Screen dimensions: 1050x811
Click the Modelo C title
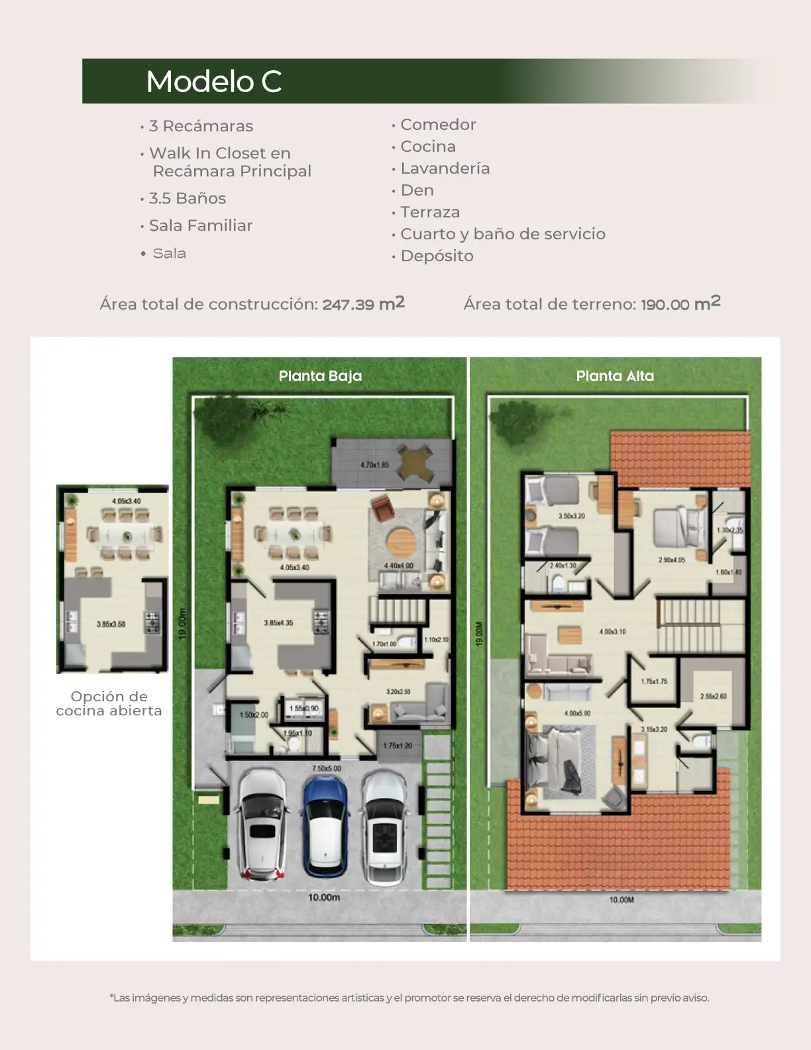click(214, 82)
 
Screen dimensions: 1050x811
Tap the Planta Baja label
click(320, 376)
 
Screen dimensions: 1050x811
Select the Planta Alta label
click(615, 376)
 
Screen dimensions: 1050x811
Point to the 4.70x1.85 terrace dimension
click(374, 465)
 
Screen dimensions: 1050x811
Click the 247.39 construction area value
click(348, 304)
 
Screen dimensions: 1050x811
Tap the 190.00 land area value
click(665, 304)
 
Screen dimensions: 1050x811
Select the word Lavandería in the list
click(445, 168)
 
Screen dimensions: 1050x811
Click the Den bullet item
click(417, 190)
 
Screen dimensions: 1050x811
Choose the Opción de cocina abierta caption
click(109, 703)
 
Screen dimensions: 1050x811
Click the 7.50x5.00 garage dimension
click(327, 768)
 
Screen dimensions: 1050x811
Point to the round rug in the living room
click(402, 542)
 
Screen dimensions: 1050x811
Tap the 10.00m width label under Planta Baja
click(324, 898)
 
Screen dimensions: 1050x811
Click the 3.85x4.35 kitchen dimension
click(278, 623)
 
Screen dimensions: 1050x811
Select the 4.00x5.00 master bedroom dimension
click(577, 713)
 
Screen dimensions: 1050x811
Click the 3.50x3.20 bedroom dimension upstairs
click(571, 516)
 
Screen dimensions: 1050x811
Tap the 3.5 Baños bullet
click(187, 198)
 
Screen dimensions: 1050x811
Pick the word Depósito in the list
click(437, 256)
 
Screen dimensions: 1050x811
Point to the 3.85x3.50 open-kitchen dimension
click(111, 624)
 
